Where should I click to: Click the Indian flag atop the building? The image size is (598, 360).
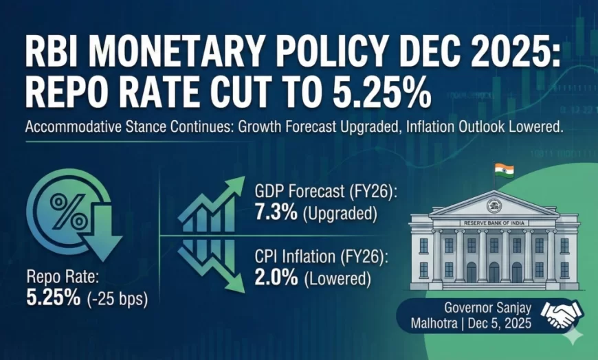(504, 168)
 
